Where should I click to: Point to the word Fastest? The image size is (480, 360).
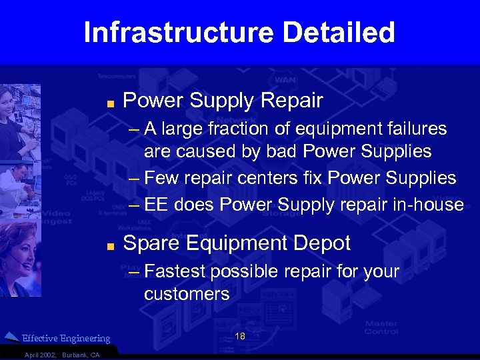point(176,272)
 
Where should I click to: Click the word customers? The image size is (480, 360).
point(187,294)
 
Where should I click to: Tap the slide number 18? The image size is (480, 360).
point(240,337)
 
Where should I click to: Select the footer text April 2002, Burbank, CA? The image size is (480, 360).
point(61,355)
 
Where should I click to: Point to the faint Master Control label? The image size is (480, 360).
point(381,327)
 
